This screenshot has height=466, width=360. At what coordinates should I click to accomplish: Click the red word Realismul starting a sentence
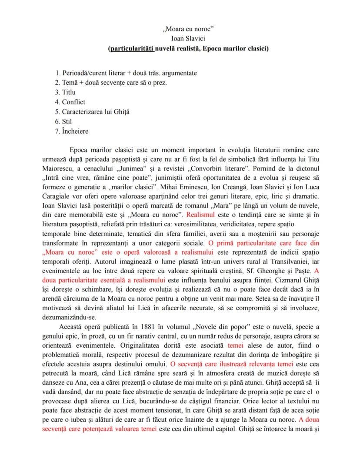click(200, 215)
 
